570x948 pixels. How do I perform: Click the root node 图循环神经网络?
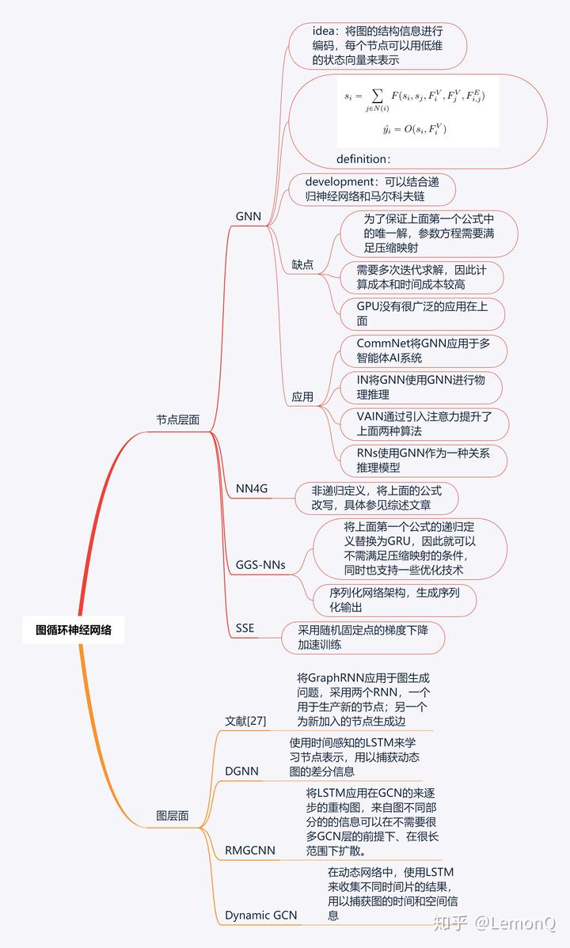point(74,631)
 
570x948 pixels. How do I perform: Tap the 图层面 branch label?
point(172,816)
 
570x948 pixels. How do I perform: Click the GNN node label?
point(248,216)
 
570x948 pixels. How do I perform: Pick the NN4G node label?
point(252,488)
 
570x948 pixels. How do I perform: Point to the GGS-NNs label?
point(260,565)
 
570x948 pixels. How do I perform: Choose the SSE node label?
point(245,628)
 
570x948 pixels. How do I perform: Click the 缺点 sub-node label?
point(302,264)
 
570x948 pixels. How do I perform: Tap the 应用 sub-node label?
point(302,396)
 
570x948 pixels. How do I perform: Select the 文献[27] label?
point(245,721)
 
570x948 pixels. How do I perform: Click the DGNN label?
point(243,771)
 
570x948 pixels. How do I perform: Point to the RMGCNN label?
point(250,850)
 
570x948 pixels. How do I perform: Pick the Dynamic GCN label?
point(260,915)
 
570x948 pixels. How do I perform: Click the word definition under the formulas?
point(363,158)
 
